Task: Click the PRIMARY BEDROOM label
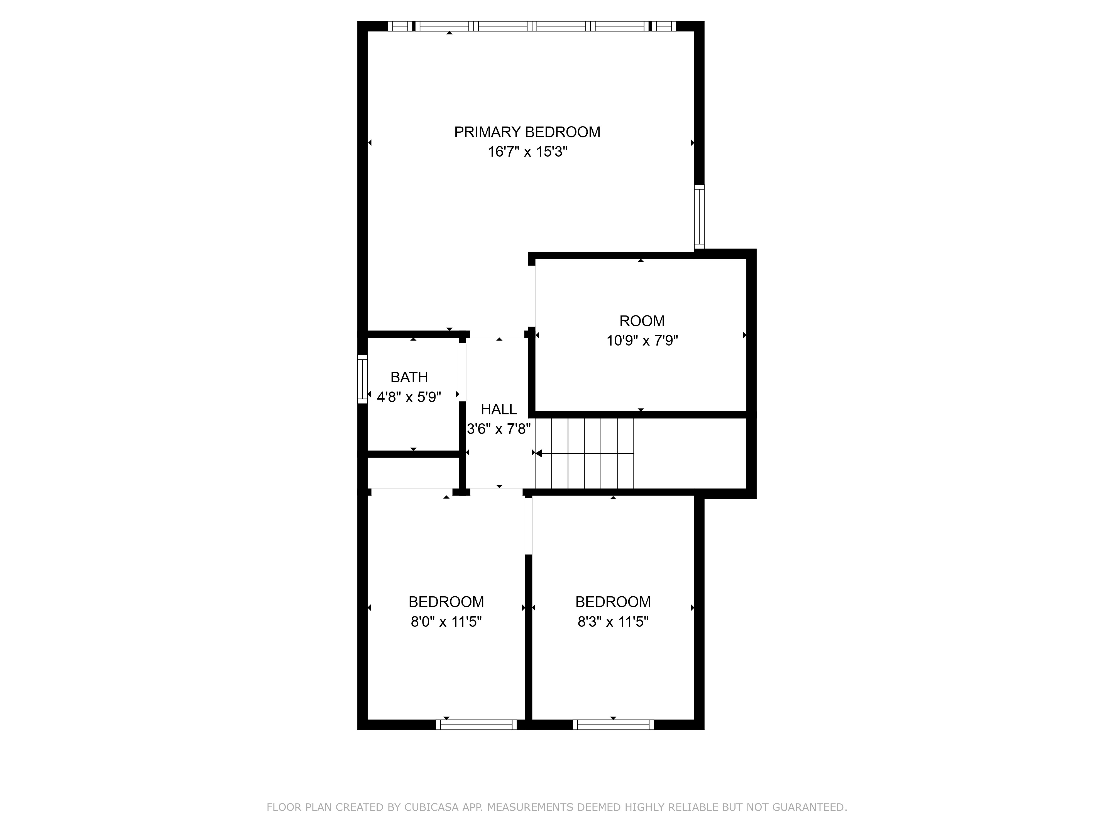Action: (x=527, y=132)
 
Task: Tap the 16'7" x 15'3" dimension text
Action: (x=527, y=152)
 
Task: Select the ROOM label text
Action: (x=642, y=321)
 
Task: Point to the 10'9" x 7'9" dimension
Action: (x=642, y=341)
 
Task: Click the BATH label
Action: (x=409, y=377)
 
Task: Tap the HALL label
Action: (x=499, y=409)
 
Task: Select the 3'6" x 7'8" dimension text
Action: (x=499, y=429)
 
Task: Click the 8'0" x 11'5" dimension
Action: (x=446, y=622)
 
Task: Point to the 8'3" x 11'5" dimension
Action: (x=613, y=622)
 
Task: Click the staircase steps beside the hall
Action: (x=584, y=453)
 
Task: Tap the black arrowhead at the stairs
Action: (x=538, y=453)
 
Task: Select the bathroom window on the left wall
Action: (x=363, y=379)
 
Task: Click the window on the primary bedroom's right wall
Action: (x=699, y=217)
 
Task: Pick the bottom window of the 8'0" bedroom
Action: (x=477, y=725)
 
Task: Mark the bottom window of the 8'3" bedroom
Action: (x=613, y=725)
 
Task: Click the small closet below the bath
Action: (x=413, y=473)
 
